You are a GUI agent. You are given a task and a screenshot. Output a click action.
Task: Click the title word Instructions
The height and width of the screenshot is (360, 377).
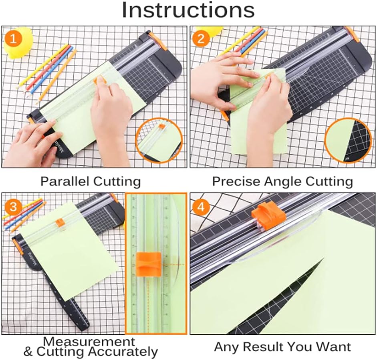coord(188,11)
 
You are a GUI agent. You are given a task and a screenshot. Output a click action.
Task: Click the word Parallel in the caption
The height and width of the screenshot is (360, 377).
coord(65,181)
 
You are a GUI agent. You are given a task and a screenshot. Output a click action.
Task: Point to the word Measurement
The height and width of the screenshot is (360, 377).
coord(89,342)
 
